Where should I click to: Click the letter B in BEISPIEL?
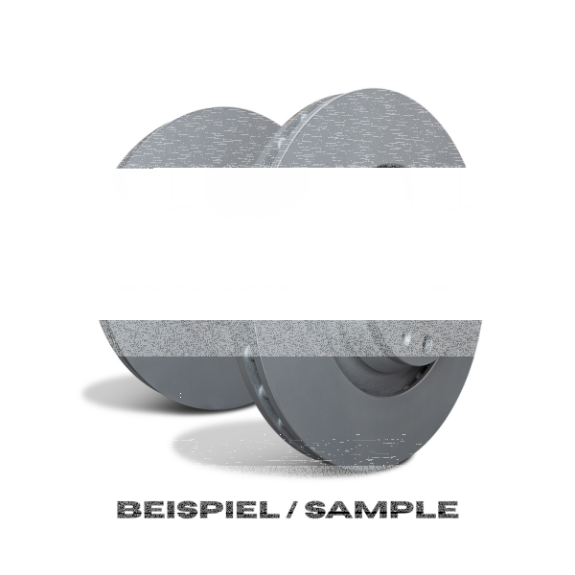(x=128, y=509)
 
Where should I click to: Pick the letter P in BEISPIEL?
(x=218, y=509)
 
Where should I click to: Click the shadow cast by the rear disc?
(x=125, y=388)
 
